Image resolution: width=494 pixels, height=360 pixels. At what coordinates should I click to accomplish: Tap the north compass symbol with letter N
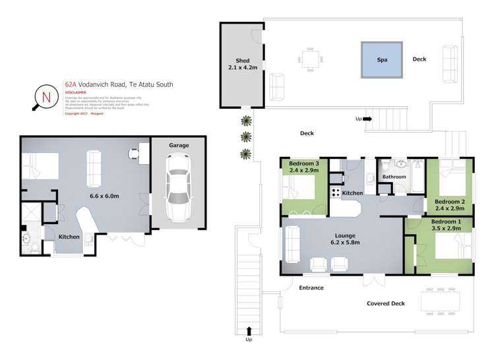click(46, 98)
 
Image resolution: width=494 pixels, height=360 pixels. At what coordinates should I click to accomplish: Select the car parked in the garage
click(177, 188)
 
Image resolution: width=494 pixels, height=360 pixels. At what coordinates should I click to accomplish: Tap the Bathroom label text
click(394, 177)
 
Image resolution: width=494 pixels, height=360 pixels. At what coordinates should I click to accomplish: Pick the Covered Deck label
click(386, 303)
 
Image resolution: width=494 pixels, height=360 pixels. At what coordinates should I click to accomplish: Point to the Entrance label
click(311, 287)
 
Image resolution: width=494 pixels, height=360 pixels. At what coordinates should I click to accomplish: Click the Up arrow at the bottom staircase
click(249, 332)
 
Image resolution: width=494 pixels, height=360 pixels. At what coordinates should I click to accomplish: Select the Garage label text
click(179, 145)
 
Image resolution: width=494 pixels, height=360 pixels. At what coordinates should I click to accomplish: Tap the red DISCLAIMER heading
click(76, 94)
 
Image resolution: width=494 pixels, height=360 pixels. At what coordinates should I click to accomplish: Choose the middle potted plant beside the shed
click(246, 137)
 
